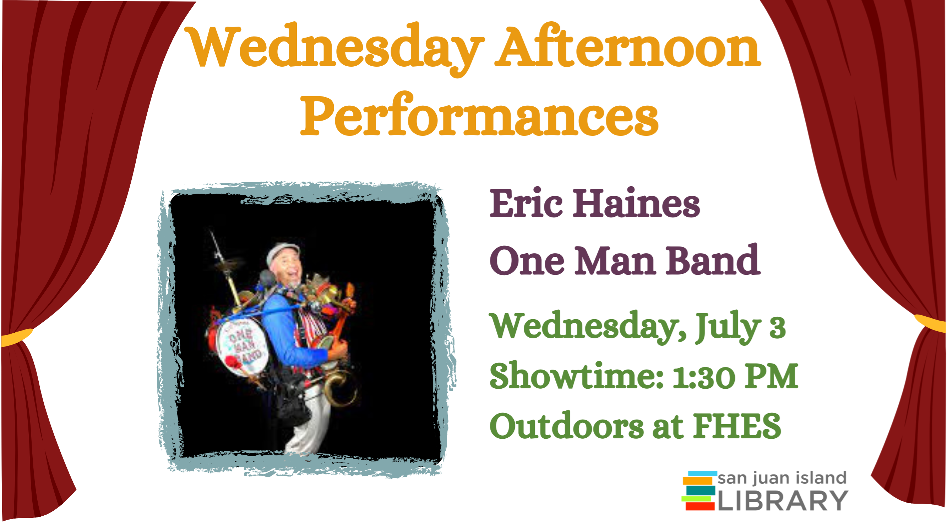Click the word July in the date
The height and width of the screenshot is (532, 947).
[728, 327]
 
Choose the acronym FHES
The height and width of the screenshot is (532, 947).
[737, 426]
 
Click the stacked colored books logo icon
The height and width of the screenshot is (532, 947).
[699, 491]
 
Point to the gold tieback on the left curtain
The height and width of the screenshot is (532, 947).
[17, 337]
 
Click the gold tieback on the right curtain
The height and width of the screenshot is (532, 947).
[930, 323]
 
